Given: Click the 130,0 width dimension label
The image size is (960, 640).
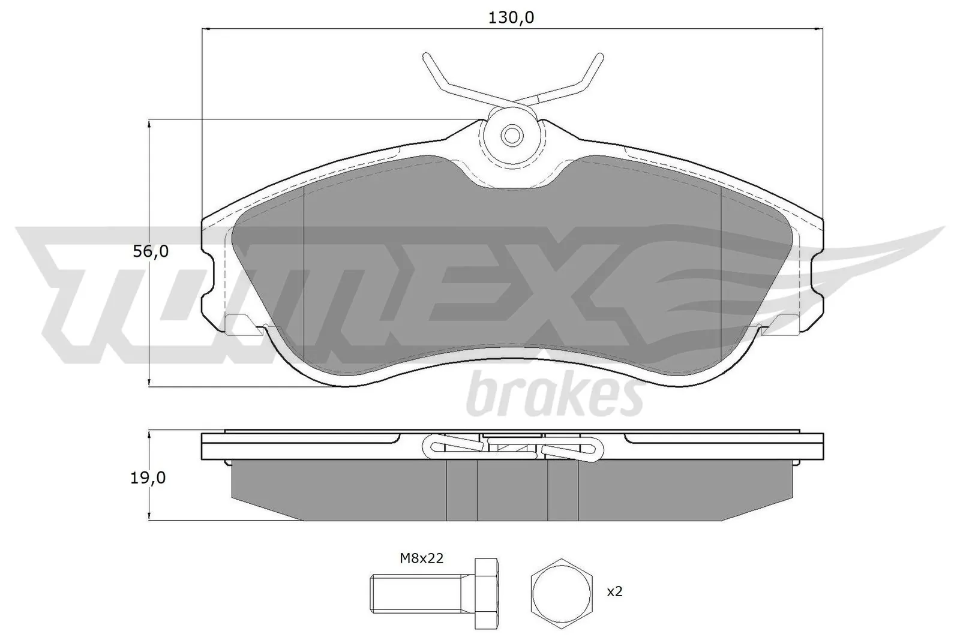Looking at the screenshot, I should point(511,18).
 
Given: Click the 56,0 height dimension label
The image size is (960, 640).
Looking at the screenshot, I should point(151,251).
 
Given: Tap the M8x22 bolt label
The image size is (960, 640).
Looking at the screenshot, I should point(421,558).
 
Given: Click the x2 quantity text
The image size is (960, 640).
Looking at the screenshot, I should point(614,591).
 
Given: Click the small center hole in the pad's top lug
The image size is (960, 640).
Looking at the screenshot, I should point(511,136).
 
